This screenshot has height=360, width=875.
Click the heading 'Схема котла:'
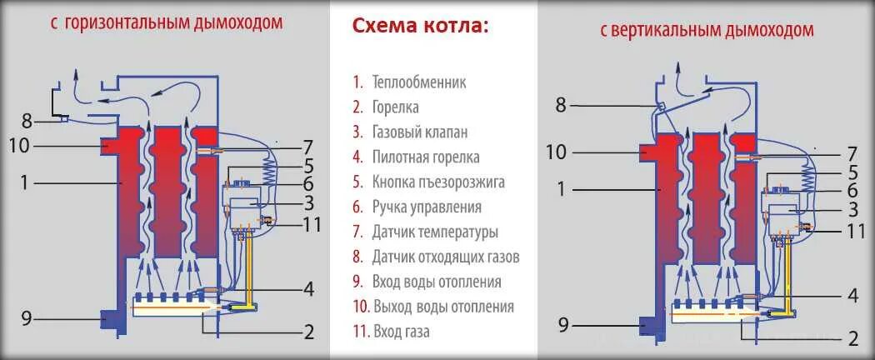point(420,26)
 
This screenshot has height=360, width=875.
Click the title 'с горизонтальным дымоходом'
point(166,22)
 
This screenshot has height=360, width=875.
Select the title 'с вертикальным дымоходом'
point(706,31)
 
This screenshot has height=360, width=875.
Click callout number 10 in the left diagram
point(20,146)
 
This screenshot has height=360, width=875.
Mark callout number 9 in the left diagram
point(26,317)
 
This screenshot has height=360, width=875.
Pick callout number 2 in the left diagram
point(308,332)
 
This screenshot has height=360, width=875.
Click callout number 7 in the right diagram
point(852,153)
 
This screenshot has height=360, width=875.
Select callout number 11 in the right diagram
point(856,230)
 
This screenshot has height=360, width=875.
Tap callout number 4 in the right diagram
point(852,295)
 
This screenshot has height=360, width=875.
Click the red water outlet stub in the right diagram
point(649,153)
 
